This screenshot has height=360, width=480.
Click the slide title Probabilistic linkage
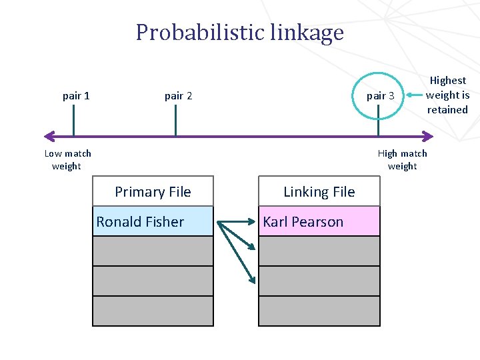pyautogui.click(x=239, y=32)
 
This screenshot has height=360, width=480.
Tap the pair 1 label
pyautogui.click(x=76, y=95)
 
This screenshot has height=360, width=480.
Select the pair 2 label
pyautogui.click(x=178, y=95)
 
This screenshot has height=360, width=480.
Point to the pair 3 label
pyautogui.click(x=380, y=95)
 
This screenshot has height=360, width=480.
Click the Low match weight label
pyautogui.click(x=67, y=159)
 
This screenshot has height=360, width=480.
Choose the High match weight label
pyautogui.click(x=402, y=159)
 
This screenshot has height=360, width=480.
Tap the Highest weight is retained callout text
pyautogui.click(x=447, y=95)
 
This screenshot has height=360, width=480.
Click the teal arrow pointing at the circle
pyautogui.click(x=414, y=95)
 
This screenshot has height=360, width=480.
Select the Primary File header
pyautogui.click(x=153, y=192)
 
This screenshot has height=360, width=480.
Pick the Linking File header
pyautogui.click(x=319, y=192)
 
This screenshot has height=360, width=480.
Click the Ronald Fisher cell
pyautogui.click(x=153, y=222)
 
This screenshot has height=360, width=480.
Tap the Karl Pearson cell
pyautogui.click(x=319, y=222)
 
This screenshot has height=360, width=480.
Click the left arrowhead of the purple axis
pyautogui.click(x=48, y=137)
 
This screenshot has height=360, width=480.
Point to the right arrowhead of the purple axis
pyautogui.click(x=428, y=137)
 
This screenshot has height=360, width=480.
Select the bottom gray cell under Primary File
pyautogui.click(x=153, y=311)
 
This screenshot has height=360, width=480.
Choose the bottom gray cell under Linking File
pyautogui.click(x=319, y=311)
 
